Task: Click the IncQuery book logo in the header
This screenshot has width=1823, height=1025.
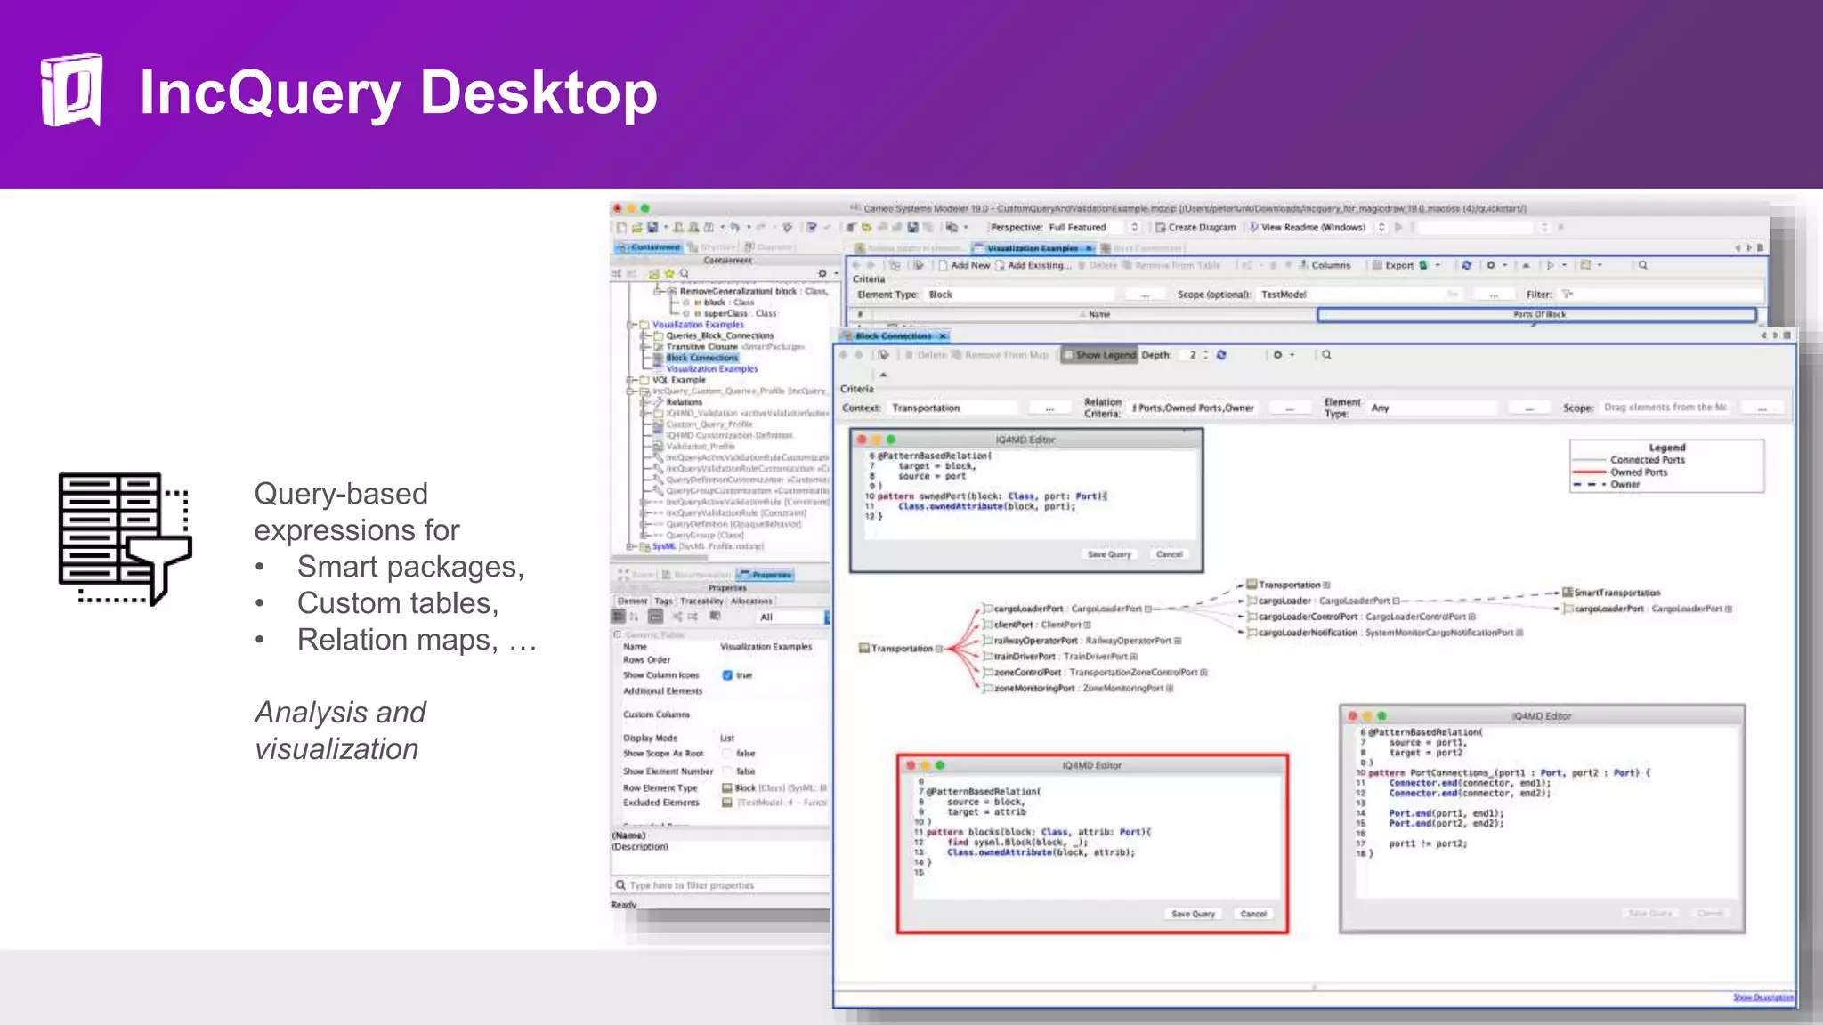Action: [x=71, y=91]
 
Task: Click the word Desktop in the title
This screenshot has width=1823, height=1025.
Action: [x=538, y=93]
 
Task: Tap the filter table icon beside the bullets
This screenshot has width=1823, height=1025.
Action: [x=125, y=539]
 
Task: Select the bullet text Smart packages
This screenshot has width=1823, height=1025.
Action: [x=409, y=567]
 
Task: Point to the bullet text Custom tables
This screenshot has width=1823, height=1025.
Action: [x=397, y=603]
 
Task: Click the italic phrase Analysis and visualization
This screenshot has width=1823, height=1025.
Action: [x=339, y=730]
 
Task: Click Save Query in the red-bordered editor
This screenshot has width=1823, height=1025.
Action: [x=1193, y=914]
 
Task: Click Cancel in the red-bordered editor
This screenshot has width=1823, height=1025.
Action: [x=1253, y=914]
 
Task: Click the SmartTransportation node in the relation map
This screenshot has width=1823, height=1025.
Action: [x=1616, y=593]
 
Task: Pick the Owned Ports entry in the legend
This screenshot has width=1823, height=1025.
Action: [x=1639, y=472]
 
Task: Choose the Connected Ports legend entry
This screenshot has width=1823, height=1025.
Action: [x=1647, y=460]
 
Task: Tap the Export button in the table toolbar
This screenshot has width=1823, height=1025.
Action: [x=1398, y=265]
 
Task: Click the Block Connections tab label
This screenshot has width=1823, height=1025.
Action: [x=894, y=336]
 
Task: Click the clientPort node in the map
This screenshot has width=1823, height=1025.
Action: [x=1013, y=625]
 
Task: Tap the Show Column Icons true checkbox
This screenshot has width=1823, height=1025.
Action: [x=727, y=675]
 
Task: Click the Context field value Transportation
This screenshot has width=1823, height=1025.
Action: [x=926, y=408]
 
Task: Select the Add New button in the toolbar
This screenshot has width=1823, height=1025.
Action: [x=969, y=265]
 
